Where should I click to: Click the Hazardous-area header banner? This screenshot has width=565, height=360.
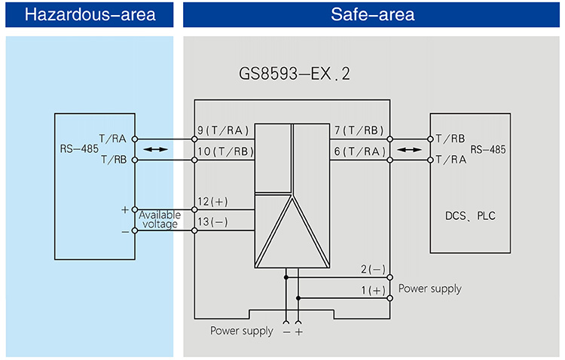[90, 14]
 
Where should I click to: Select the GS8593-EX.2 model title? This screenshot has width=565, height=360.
[294, 75]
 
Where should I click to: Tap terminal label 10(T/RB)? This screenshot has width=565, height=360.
[225, 151]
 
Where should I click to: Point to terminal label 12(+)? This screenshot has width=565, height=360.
[213, 202]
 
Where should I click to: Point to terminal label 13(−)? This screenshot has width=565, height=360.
[213, 222]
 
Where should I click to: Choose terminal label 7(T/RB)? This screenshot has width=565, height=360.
[359, 130]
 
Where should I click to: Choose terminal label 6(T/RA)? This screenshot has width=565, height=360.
[359, 151]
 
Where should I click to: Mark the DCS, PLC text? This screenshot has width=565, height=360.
[469, 216]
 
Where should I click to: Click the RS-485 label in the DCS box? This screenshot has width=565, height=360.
[487, 150]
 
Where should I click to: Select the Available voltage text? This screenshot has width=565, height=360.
[159, 219]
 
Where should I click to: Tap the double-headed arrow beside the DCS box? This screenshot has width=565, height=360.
[411, 150]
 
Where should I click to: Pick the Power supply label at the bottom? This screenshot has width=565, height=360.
[241, 331]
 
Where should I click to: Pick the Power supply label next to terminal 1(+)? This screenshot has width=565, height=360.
[429, 288]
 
